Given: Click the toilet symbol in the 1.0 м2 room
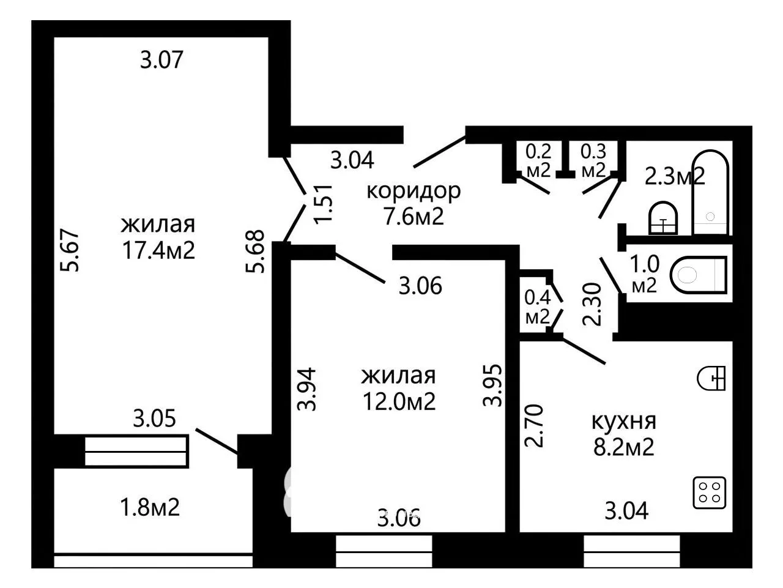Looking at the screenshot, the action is pyautogui.click(x=698, y=275).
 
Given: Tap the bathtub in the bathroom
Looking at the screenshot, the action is pyautogui.click(x=710, y=192).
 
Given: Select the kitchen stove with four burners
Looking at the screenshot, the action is pyautogui.click(x=709, y=493).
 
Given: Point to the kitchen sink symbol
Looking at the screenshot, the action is pyautogui.click(x=711, y=378).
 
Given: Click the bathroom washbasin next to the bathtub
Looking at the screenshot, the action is pyautogui.click(x=662, y=218).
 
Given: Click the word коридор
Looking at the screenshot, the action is pyautogui.click(x=414, y=192).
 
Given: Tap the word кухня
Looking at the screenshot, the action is pyautogui.click(x=624, y=422).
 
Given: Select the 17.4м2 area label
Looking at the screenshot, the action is pyautogui.click(x=158, y=250).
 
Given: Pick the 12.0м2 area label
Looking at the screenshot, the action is pyautogui.click(x=399, y=401).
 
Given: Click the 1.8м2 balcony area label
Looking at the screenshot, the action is pyautogui.click(x=150, y=507).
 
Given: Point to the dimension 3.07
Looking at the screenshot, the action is pyautogui.click(x=161, y=59).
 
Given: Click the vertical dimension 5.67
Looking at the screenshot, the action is pyautogui.click(x=69, y=250).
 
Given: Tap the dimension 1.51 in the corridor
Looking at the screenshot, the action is pyautogui.click(x=324, y=204).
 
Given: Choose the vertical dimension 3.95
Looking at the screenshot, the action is pyautogui.click(x=492, y=385).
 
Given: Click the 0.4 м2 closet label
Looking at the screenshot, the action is pyautogui.click(x=537, y=307).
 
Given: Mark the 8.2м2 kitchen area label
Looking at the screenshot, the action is pyautogui.click(x=623, y=447).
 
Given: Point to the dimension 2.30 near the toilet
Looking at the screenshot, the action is pyautogui.click(x=592, y=304).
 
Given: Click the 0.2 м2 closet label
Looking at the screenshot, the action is pyautogui.click(x=538, y=161).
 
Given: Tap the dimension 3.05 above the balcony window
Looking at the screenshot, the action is pyautogui.click(x=155, y=419).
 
